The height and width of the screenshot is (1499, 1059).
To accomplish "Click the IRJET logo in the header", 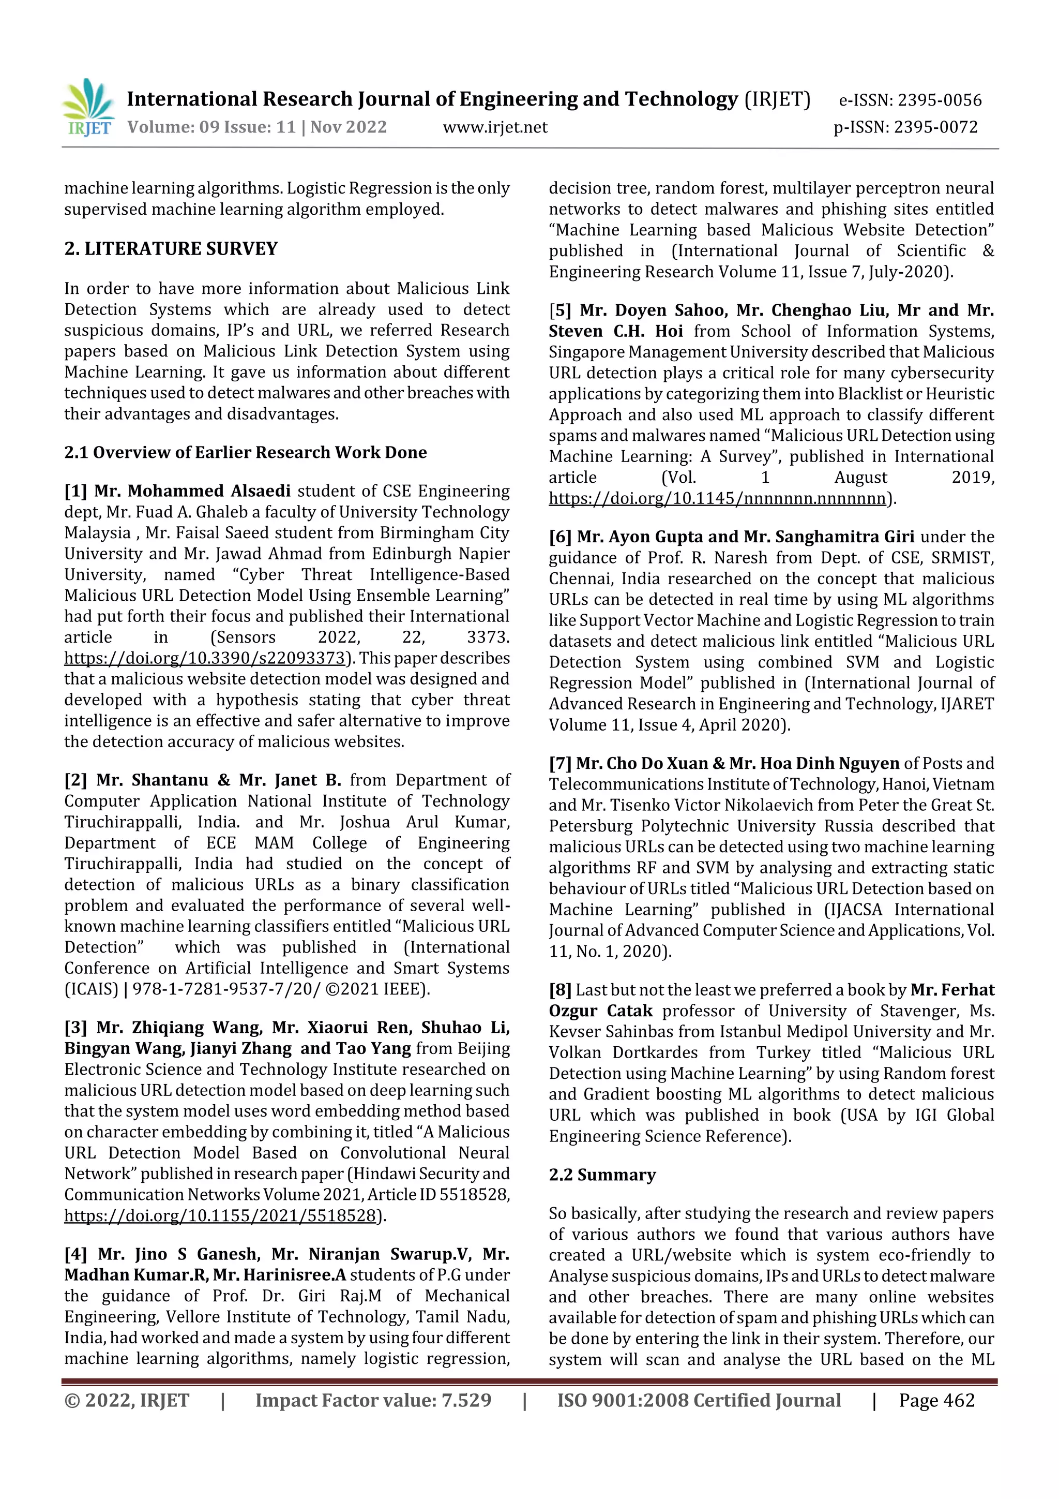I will [88, 108].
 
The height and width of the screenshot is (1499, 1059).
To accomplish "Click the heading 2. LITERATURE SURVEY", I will [171, 249].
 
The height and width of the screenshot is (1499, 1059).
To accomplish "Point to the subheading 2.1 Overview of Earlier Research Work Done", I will [245, 452].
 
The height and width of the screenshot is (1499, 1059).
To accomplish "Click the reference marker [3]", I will [75, 1028].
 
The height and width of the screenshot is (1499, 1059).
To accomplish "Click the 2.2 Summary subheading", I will [601, 1175].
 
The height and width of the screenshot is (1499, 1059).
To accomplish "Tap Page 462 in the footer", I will [936, 1400].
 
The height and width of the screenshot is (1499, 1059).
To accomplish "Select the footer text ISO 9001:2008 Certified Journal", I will [698, 1400].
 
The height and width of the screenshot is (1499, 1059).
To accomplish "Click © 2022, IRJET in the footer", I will [127, 1400].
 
